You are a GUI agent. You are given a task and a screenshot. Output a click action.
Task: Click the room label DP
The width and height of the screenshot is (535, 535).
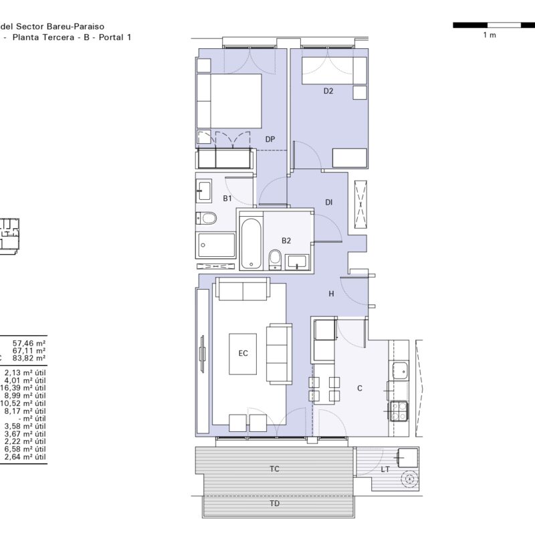point(270,139)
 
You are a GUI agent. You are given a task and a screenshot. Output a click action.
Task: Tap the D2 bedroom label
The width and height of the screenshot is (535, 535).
point(328,91)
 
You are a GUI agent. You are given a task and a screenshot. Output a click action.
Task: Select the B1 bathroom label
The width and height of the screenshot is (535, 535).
point(227,199)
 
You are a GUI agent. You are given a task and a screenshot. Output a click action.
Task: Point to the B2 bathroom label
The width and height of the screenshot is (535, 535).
point(286,241)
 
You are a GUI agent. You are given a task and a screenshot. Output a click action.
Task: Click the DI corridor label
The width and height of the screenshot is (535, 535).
point(328,203)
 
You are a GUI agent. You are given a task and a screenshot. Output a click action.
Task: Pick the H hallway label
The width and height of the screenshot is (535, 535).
point(331,294)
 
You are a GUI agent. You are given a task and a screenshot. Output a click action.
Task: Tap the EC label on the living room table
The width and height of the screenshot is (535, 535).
point(243,354)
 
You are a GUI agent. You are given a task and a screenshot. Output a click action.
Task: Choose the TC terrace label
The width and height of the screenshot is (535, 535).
point(274,469)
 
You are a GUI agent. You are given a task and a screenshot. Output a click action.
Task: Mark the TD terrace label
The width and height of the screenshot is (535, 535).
point(274,504)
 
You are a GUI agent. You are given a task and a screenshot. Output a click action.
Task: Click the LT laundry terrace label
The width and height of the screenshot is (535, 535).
point(385,470)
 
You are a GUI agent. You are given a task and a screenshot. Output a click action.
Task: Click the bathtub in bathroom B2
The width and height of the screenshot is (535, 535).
point(251,243)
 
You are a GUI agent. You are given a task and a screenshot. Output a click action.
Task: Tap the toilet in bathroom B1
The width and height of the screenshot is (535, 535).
point(207,219)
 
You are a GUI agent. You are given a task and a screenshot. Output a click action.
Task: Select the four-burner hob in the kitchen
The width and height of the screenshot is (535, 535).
point(399,411)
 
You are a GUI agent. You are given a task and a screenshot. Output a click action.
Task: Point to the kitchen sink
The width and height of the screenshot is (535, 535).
point(400,370)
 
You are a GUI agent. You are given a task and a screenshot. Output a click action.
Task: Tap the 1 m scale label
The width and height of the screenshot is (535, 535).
point(490,35)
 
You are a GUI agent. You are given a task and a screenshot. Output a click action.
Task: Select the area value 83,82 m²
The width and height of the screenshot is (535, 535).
point(29,358)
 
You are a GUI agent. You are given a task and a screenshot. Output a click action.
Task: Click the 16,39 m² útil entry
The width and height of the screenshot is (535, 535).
point(23,389)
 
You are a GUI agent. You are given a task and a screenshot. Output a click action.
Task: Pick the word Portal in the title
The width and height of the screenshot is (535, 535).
point(110,37)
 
